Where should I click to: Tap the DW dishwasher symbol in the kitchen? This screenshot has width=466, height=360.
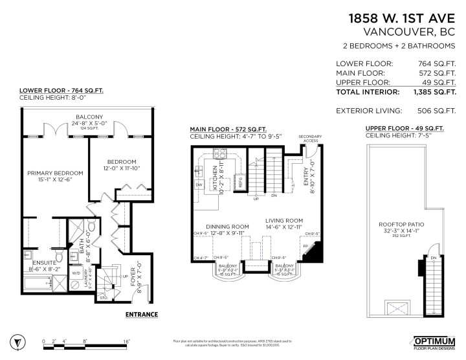199,185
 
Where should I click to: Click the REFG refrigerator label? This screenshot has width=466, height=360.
240,183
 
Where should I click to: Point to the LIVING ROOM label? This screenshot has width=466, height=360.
285,220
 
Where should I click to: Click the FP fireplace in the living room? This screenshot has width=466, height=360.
304,246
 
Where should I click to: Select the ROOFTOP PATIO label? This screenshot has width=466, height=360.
401,226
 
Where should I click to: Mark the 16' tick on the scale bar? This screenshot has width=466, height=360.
127,341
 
